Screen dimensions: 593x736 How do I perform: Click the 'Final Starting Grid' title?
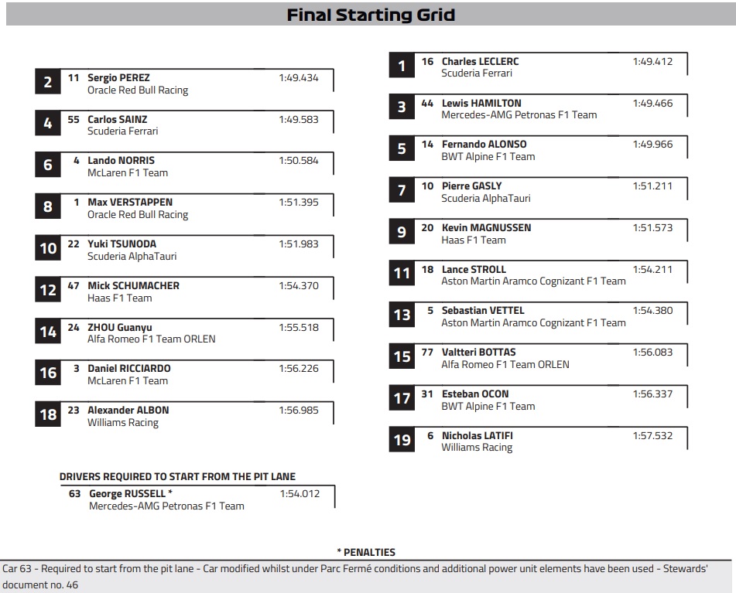(x=371, y=15)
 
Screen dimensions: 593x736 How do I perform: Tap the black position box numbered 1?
(x=402, y=66)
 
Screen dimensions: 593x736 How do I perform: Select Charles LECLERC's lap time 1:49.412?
(x=652, y=61)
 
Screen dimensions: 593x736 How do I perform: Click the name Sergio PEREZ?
(x=118, y=78)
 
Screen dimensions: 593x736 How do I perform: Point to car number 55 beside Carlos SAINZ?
(x=74, y=120)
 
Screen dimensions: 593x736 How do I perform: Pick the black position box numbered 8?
(x=48, y=207)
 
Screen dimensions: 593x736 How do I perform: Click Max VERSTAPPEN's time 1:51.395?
(x=299, y=203)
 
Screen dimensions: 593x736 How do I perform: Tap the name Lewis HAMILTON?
(x=481, y=103)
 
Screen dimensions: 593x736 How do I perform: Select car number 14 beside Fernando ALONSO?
(x=428, y=145)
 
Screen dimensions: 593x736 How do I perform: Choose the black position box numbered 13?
(x=402, y=315)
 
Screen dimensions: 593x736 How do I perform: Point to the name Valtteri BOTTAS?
(x=478, y=353)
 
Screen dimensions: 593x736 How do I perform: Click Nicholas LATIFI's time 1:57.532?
(x=652, y=436)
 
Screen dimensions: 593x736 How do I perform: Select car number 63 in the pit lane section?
(x=74, y=494)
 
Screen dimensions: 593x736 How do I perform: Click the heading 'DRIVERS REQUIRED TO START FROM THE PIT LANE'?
(x=177, y=477)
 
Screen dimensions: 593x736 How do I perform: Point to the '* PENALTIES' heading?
(x=366, y=552)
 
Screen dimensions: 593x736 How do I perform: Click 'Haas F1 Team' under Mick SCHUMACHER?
(x=120, y=298)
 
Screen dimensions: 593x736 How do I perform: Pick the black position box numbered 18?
(x=48, y=415)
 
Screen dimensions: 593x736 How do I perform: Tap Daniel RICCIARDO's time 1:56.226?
(x=299, y=369)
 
